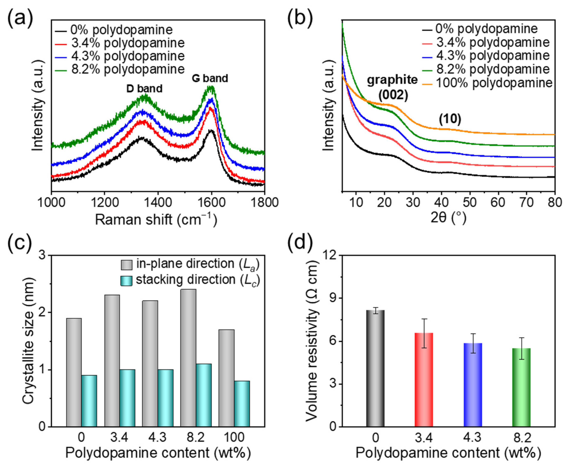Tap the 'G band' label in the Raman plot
pyautogui.click(x=210, y=78)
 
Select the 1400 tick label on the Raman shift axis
pyautogui.click(x=158, y=203)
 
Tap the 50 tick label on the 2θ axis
pyautogui.click(x=469, y=203)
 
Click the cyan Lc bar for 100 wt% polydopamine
pyautogui.click(x=242, y=404)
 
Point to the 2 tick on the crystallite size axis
pyautogui.click(x=42, y=313)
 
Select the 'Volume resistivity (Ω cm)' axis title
pyautogui.click(x=312, y=341)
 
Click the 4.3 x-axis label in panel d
pyautogui.click(x=472, y=438)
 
